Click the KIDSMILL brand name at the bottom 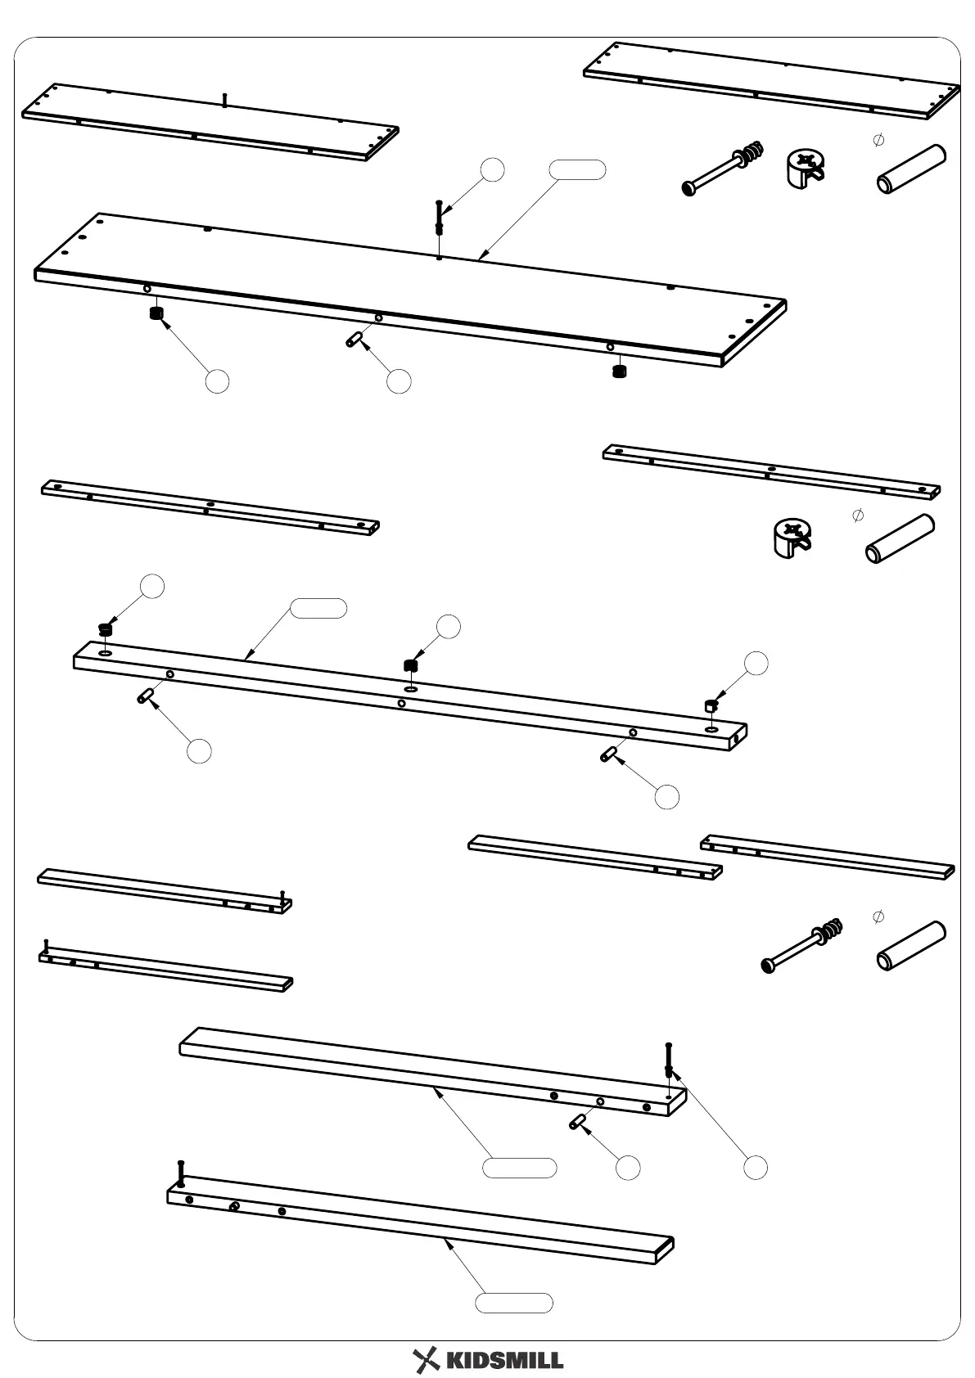click(x=504, y=1360)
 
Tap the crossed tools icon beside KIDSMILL click(x=426, y=1359)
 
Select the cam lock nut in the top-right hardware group click(x=804, y=169)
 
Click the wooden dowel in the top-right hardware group click(x=911, y=170)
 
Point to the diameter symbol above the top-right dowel click(x=879, y=140)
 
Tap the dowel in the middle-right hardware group click(x=900, y=539)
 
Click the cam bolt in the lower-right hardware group click(x=801, y=946)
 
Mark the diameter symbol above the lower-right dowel click(x=878, y=915)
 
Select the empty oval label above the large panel click(x=577, y=169)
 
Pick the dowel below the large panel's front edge click(x=354, y=339)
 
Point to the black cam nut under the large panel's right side click(x=619, y=372)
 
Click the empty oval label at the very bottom click(x=514, y=1303)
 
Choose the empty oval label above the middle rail click(x=318, y=608)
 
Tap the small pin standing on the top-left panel click(x=223, y=99)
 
